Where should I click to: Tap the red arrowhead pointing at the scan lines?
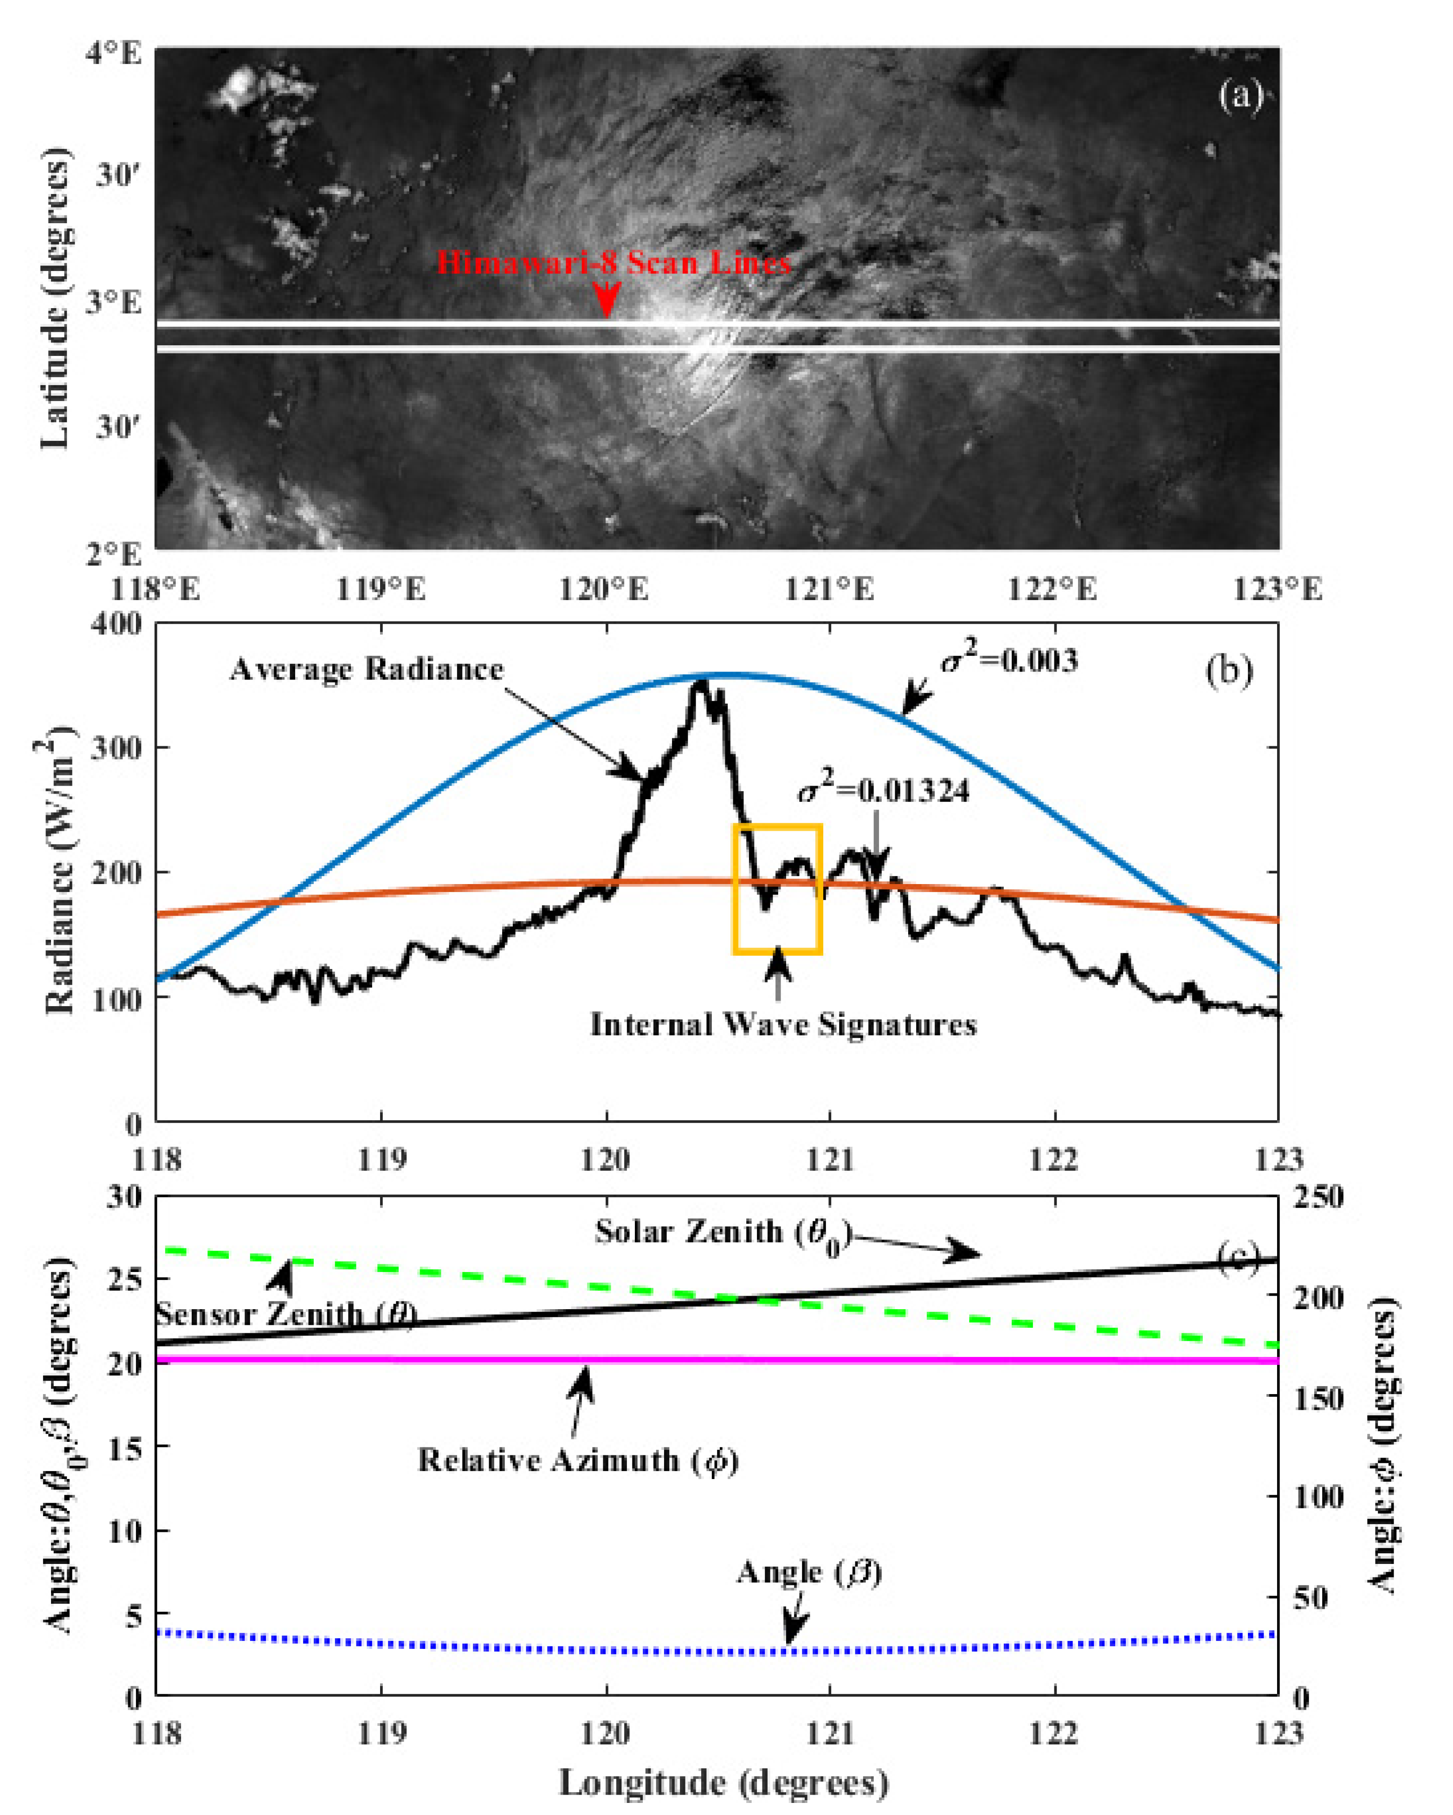click(606, 301)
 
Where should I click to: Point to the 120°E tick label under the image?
click(604, 588)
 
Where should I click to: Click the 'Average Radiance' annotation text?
click(366, 669)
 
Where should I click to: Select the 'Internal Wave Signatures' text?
click(783, 1025)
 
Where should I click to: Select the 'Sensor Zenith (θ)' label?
click(286, 1314)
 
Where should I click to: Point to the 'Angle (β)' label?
click(808, 1573)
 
